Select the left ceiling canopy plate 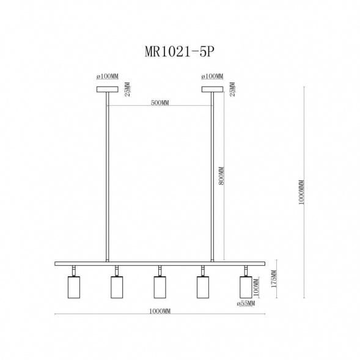point(107,89)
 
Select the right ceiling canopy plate point(213,89)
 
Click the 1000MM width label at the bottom point(160,311)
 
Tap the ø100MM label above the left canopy point(107,77)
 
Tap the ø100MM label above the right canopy point(212,77)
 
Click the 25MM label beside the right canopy point(232,90)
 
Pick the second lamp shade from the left point(116,287)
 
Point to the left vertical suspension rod point(107,177)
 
